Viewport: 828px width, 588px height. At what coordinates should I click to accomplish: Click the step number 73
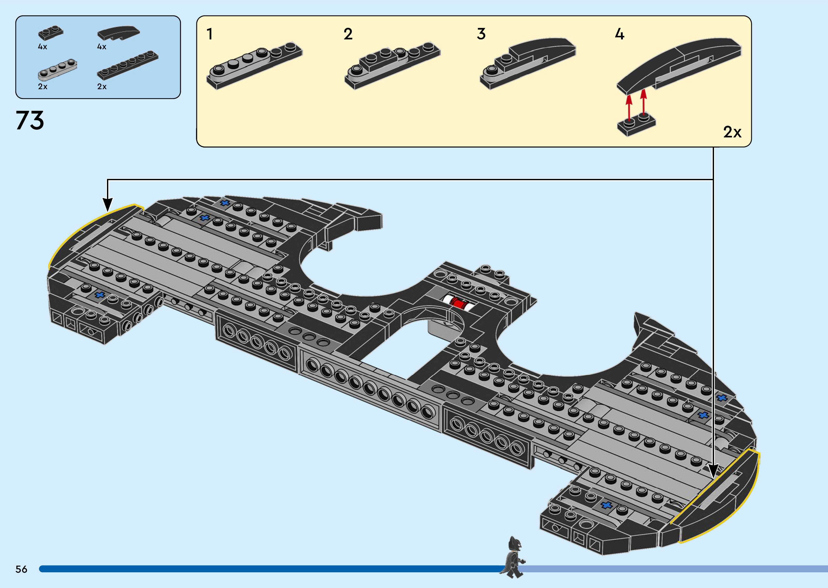[x=30, y=120]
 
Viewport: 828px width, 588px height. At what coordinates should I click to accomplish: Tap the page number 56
[x=21, y=569]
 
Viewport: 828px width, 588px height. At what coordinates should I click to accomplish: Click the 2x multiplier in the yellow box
[x=732, y=132]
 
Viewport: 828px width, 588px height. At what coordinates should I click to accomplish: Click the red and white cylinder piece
[x=458, y=303]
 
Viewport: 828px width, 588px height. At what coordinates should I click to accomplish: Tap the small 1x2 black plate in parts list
[x=50, y=33]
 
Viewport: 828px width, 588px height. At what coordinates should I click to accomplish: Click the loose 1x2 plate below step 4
[x=636, y=124]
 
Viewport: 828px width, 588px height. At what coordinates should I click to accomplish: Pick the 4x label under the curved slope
[x=102, y=47]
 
